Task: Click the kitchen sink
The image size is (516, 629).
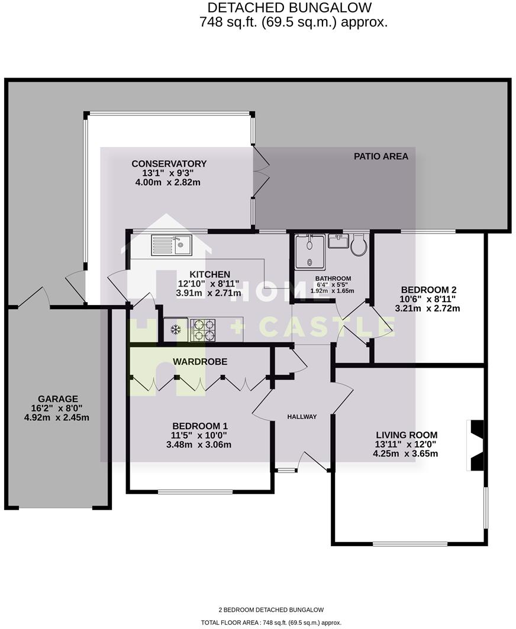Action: click(171, 245)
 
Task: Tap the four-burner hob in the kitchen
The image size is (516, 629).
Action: click(203, 330)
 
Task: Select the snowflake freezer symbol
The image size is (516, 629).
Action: click(176, 329)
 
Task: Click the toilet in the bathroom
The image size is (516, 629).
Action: click(359, 245)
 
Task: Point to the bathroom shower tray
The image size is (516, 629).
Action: click(310, 251)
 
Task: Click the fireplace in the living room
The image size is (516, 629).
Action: click(476, 445)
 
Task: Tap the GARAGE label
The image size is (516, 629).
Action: click(58, 399)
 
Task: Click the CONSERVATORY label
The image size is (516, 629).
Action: click(169, 164)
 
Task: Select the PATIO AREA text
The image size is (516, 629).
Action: click(381, 157)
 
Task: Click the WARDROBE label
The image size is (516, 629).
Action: click(200, 361)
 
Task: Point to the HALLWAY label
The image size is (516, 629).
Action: click(302, 417)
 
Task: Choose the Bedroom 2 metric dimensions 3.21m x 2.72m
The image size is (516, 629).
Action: click(428, 308)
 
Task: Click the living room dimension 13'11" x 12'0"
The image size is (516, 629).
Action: click(405, 445)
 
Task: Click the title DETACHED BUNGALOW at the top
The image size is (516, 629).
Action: click(290, 8)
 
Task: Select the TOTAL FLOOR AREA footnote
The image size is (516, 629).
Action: click(272, 622)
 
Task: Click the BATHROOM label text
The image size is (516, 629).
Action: click(333, 278)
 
